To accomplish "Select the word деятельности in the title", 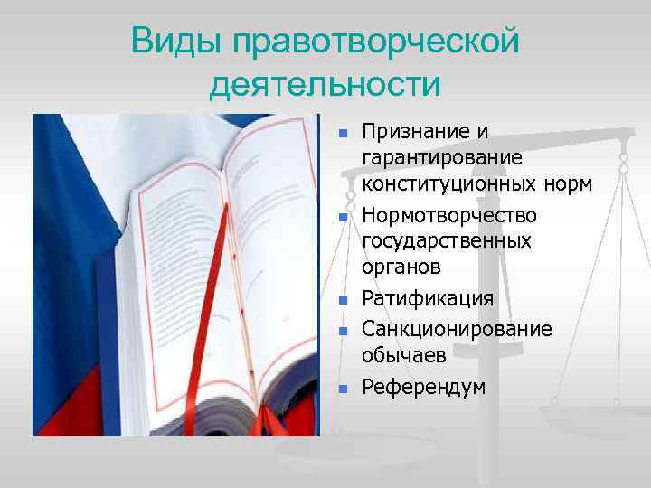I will tap(325, 86).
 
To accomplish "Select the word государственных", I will tap(447, 241).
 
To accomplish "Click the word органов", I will tap(401, 267).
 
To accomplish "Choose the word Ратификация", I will tap(428, 299).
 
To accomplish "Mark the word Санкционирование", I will tap(457, 328).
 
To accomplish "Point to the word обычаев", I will tap(404, 354).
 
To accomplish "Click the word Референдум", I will tap(423, 387).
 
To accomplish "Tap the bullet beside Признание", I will tap(343, 134).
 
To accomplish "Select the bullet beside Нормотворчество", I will tap(343, 218).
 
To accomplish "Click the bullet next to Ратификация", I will tap(343, 301).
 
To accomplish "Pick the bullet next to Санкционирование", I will tap(343, 332).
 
